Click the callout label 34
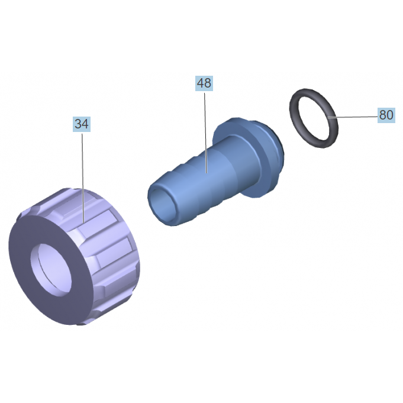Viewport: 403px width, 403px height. point(82,124)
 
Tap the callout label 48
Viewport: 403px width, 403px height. point(204,83)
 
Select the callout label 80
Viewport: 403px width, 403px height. point(386,115)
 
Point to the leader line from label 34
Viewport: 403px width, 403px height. point(83,178)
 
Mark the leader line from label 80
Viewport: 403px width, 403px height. point(353,117)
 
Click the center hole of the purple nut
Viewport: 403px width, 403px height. point(51,269)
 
